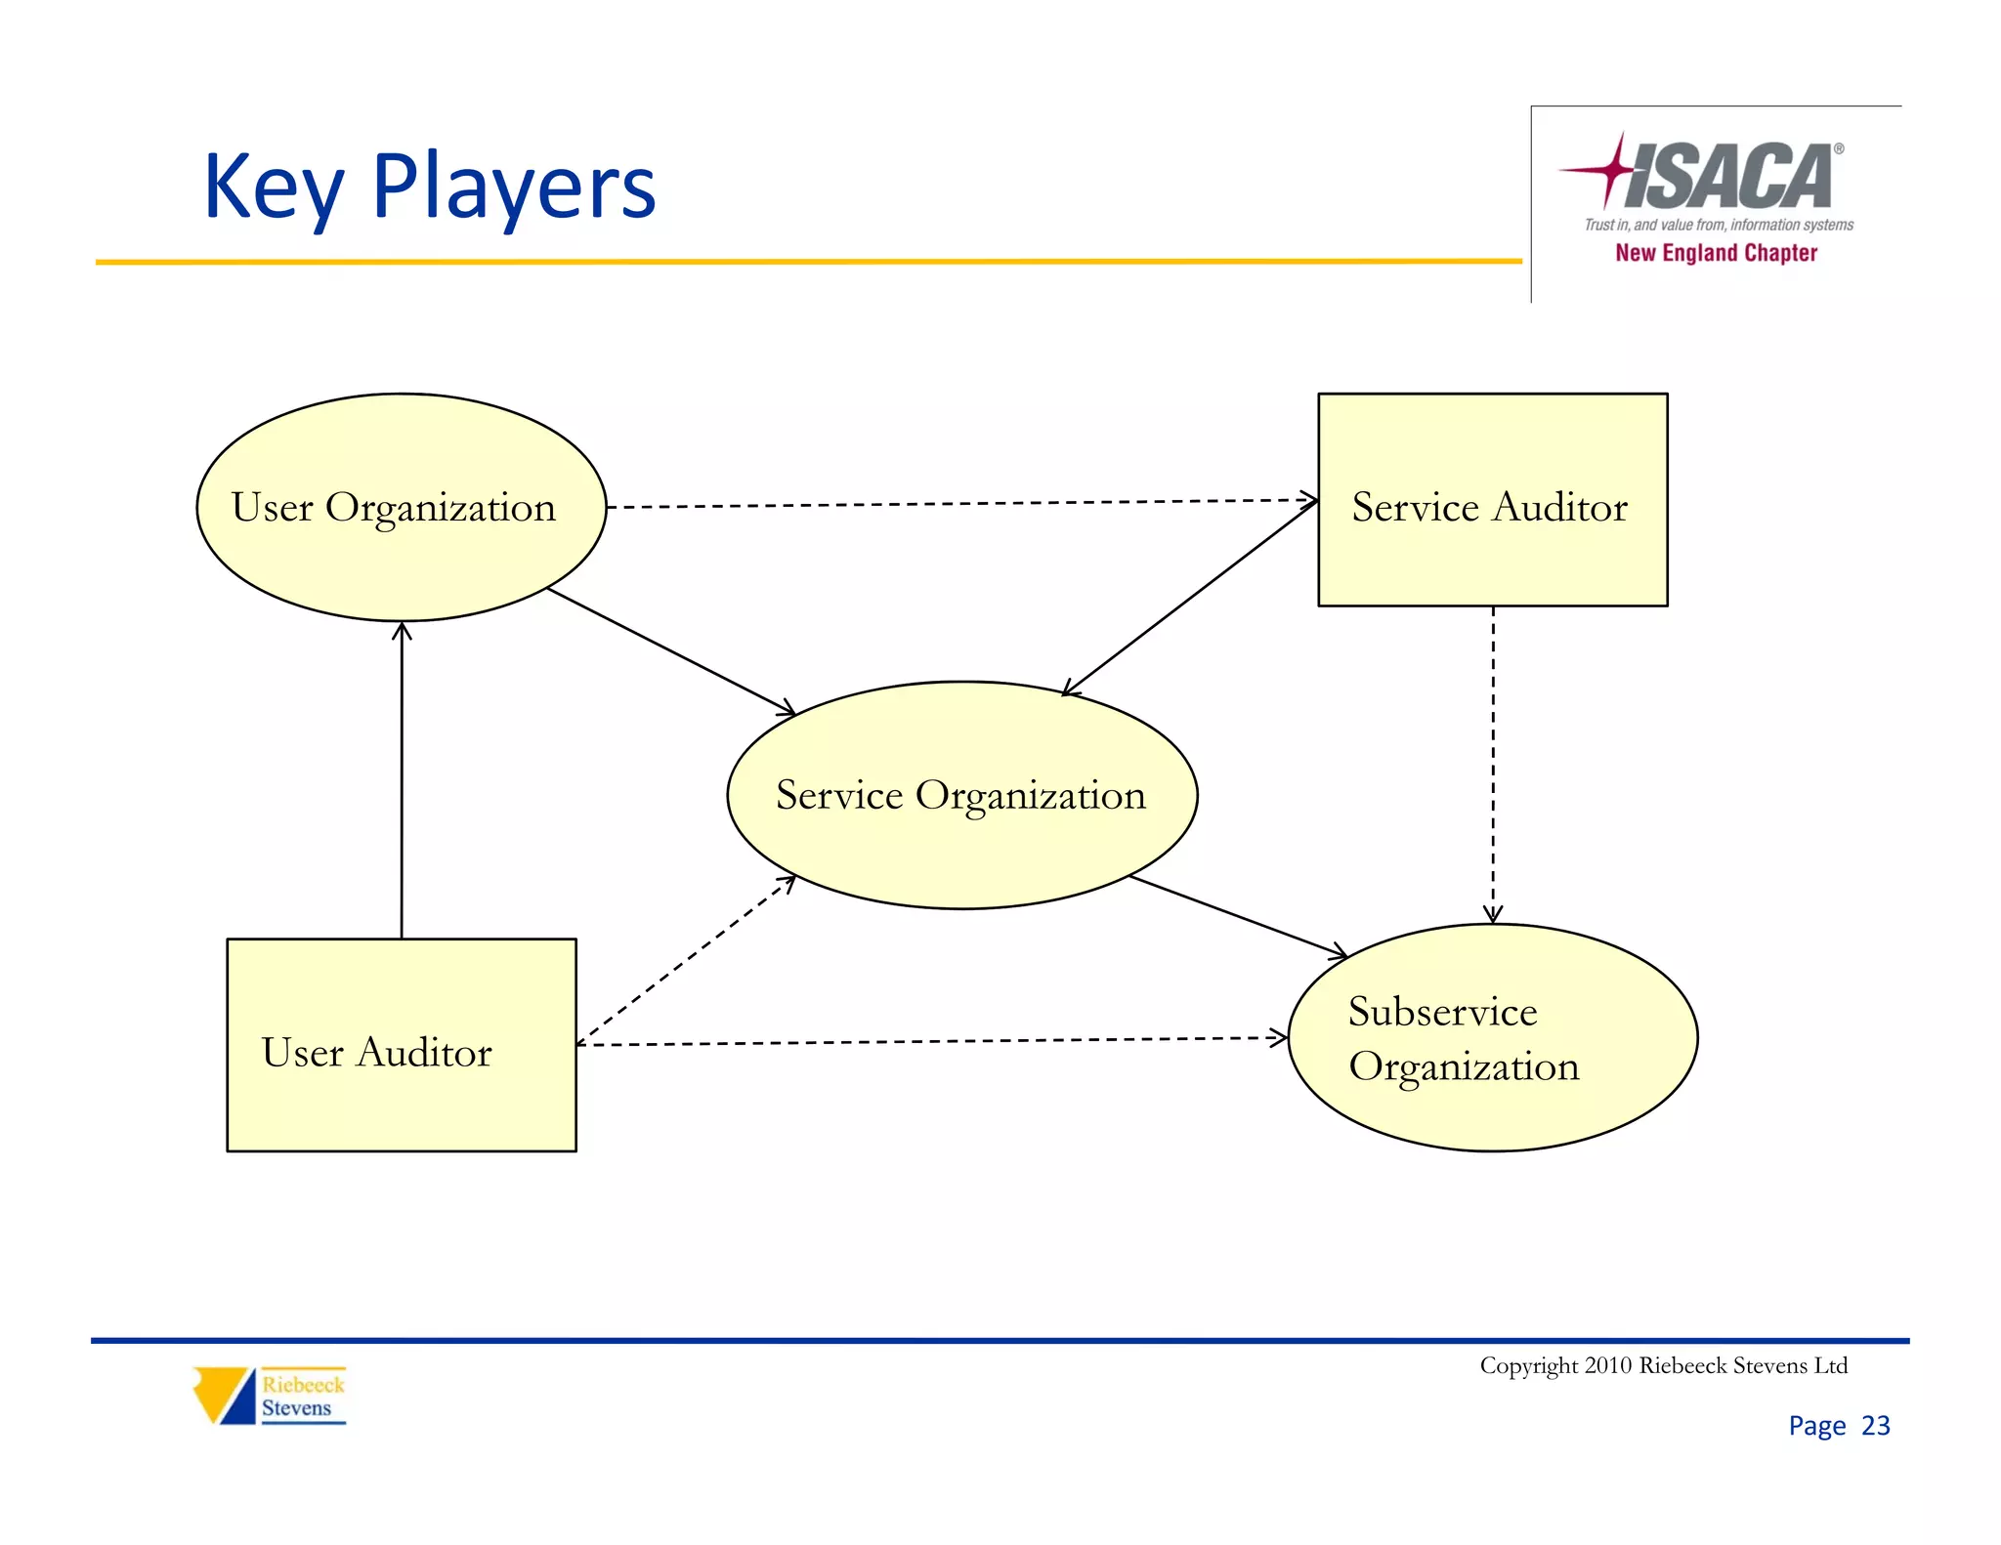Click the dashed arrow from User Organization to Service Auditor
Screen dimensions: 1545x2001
[961, 504]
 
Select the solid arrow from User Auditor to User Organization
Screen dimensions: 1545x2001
[402, 781]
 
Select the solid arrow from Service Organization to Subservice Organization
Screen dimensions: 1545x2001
[1238, 915]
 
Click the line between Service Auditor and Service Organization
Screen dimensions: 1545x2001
[1190, 598]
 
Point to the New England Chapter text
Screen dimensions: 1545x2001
[1716, 253]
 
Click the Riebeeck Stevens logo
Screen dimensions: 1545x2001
[270, 1396]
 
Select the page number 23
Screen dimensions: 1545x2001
[1875, 1426]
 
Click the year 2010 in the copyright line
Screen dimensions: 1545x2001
[1607, 1365]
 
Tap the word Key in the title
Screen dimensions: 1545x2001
[273, 188]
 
